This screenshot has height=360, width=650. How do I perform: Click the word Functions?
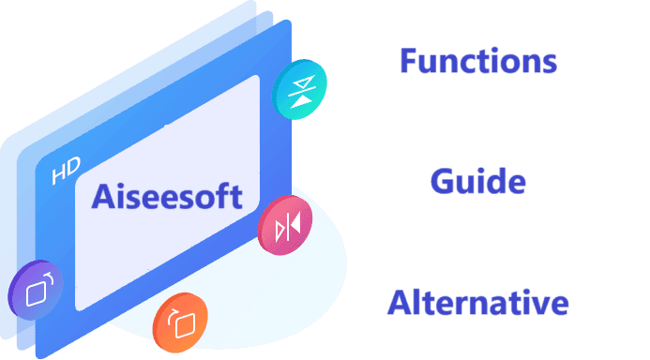478,61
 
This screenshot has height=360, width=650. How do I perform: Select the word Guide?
478,181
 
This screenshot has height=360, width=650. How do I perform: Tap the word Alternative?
478,303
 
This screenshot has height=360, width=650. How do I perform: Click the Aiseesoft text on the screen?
167,196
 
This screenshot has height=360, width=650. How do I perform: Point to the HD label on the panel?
66,171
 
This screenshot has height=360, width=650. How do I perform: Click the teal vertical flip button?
299,89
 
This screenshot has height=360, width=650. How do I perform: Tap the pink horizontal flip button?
285,225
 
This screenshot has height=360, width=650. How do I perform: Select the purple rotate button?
36,290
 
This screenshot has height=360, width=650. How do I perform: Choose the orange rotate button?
180,322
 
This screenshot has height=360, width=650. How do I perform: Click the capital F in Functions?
408,61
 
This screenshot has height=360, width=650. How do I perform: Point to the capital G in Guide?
443,182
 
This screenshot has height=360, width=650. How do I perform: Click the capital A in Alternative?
400,303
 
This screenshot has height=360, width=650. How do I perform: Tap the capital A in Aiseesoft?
103,196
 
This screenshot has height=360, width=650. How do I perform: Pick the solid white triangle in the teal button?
301,101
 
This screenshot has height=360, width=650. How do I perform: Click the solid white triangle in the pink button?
295,224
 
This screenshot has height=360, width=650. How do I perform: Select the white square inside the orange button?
186,325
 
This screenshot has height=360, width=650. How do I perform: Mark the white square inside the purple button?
36,293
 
